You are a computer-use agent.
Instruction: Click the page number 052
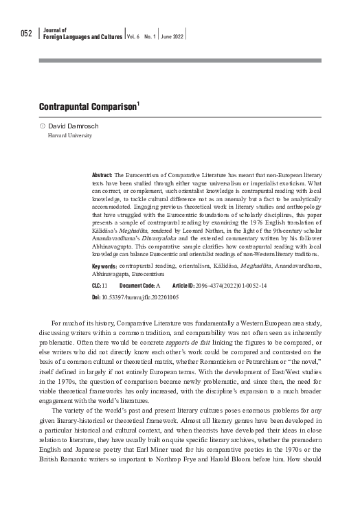click(x=25, y=34)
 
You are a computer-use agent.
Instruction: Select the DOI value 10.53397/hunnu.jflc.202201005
click(x=139, y=297)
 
